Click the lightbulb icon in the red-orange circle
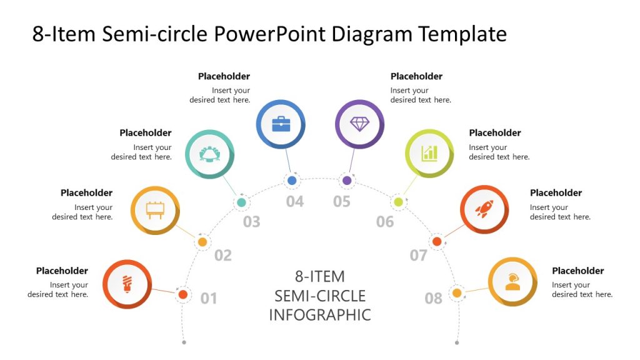pyautogui.click(x=127, y=284)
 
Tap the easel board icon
pyautogui.click(x=155, y=210)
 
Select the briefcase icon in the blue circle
pyautogui.click(x=281, y=124)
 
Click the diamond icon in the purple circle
pyautogui.click(x=359, y=124)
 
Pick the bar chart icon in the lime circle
pyautogui.click(x=429, y=152)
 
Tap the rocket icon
pyautogui.click(x=484, y=209)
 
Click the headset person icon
pyautogui.click(x=512, y=281)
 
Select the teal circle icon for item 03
pyautogui.click(x=209, y=154)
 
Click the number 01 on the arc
pyautogui.click(x=209, y=299)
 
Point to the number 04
pyautogui.click(x=295, y=202)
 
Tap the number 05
pyautogui.click(x=342, y=202)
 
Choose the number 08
pyautogui.click(x=434, y=299)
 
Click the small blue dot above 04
pyautogui.click(x=292, y=181)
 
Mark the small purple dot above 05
pyautogui.click(x=347, y=181)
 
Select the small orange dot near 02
pyautogui.click(x=202, y=242)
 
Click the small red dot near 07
pyautogui.click(x=437, y=241)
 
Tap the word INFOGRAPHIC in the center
pyautogui.click(x=320, y=314)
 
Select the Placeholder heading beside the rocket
pyautogui.click(x=556, y=193)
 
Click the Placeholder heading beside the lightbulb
pyautogui.click(x=62, y=271)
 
